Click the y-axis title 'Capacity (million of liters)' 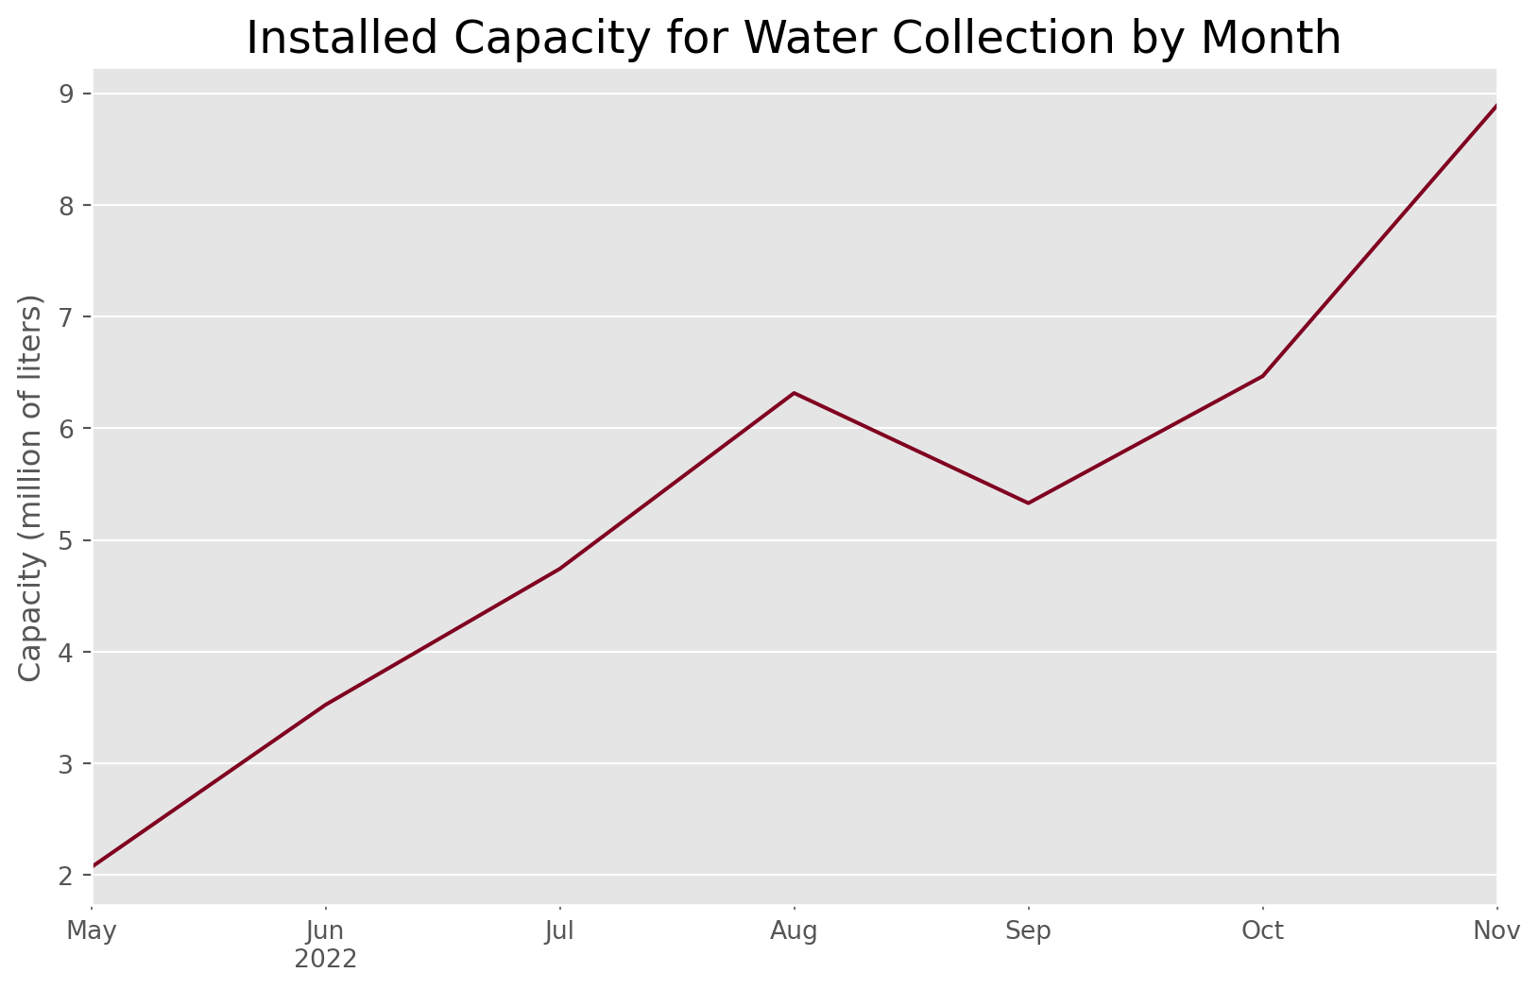[31, 487]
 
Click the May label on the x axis [93, 932]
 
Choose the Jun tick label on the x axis [326, 932]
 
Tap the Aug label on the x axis [794, 932]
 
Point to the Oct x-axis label [1262, 932]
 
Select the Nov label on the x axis [1496, 932]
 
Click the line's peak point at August [794, 392]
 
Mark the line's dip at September [1028, 503]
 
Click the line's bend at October [1262, 376]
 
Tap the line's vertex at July [560, 569]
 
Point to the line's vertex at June [326, 705]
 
